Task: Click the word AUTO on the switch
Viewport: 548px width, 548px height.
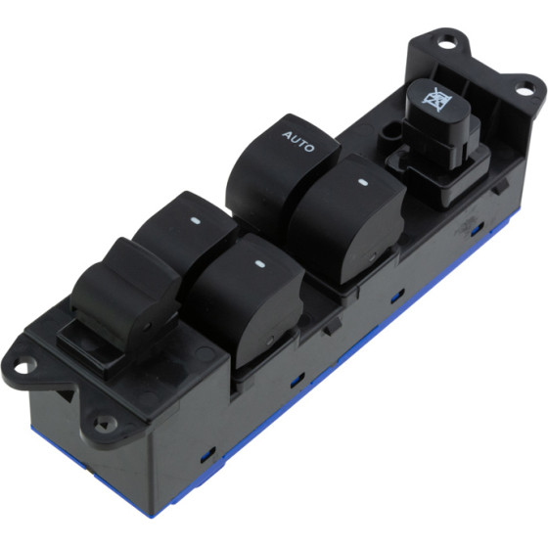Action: [298, 141]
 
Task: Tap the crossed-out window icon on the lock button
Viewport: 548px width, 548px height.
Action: [436, 99]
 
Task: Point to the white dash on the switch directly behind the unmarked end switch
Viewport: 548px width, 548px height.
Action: [195, 220]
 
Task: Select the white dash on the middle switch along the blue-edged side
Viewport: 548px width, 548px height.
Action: [259, 264]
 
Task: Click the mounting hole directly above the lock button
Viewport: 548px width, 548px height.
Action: [446, 44]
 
